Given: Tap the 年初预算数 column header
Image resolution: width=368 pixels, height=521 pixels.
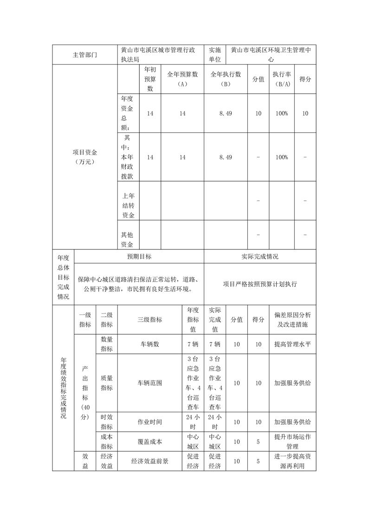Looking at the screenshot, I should point(150,79).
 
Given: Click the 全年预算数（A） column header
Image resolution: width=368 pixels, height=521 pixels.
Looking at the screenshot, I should point(182,79).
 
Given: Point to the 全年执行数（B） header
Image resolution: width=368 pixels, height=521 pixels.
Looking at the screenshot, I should point(226,79).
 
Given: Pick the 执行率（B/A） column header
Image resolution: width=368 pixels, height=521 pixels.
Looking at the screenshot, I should point(281,79).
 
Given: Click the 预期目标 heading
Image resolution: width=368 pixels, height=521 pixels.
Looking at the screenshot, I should point(139,256).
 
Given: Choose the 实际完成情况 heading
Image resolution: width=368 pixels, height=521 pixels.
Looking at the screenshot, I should point(260,256).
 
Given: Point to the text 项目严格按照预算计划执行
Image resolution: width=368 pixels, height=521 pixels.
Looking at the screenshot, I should point(260,284).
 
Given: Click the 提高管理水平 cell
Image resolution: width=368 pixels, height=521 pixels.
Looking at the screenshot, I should point(292,344).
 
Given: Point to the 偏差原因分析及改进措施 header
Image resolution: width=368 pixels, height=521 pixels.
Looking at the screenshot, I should point(292,319).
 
